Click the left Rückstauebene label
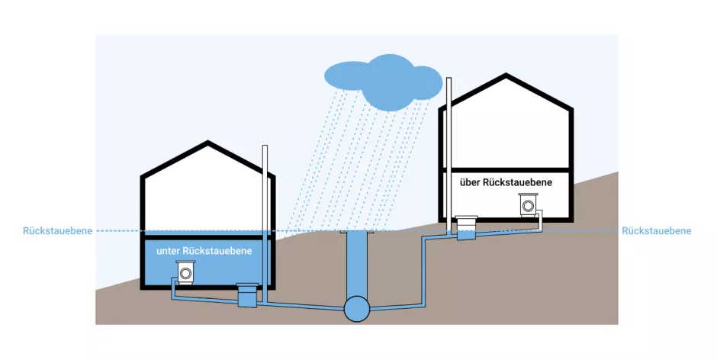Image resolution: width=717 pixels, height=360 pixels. coord(58,230)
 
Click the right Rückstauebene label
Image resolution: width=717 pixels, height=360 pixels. coord(657,230)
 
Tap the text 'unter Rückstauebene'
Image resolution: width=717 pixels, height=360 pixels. coord(204,250)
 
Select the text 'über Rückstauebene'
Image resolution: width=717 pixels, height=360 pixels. coord(506,183)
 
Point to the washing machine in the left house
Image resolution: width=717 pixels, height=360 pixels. coord(185,272)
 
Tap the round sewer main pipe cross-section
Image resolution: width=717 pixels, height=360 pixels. coord(356,308)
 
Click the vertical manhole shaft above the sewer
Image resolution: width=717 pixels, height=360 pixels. coord(356,263)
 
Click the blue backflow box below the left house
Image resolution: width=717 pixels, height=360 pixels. coord(248,296)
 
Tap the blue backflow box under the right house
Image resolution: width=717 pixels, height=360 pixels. coord(466,229)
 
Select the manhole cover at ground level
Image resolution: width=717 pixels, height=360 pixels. coord(356,231)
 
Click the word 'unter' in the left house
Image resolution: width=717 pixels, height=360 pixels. coord(169,250)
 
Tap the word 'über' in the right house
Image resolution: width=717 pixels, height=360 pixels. coord(471,183)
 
